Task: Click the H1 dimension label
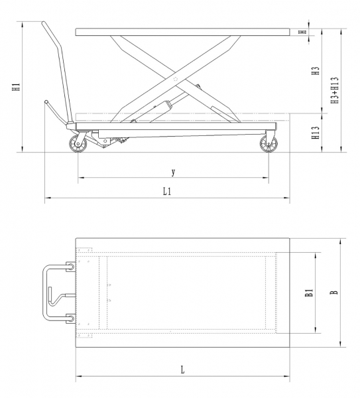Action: pos(16,87)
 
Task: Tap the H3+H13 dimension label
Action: pos(335,90)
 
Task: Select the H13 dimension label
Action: pos(316,133)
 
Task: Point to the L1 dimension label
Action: pos(167,192)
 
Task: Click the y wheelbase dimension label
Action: pos(173,172)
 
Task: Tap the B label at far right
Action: pos(335,293)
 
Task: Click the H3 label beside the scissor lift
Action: pos(316,71)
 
